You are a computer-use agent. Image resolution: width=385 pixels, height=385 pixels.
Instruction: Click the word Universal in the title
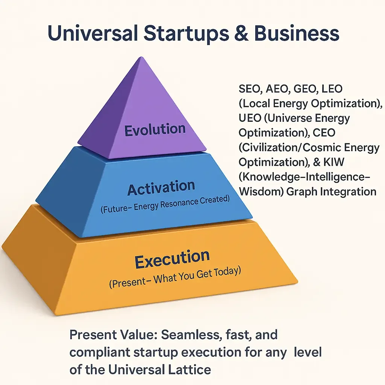point(92,33)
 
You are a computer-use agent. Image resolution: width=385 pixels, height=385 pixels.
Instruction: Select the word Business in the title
point(297,33)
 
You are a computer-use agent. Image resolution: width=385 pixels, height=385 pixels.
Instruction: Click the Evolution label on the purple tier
point(155,130)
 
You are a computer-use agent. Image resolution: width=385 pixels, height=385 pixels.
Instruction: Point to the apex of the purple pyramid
point(141,57)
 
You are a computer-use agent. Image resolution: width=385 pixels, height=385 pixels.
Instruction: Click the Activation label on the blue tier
point(161,188)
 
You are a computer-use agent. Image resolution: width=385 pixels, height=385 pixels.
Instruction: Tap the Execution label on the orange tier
point(172,259)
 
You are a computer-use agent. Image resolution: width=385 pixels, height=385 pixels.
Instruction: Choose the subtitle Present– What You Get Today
point(175,277)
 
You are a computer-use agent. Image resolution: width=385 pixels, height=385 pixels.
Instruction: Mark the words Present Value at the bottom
point(113,335)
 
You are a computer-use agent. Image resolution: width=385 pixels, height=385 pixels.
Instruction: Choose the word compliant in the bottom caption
point(99,352)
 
